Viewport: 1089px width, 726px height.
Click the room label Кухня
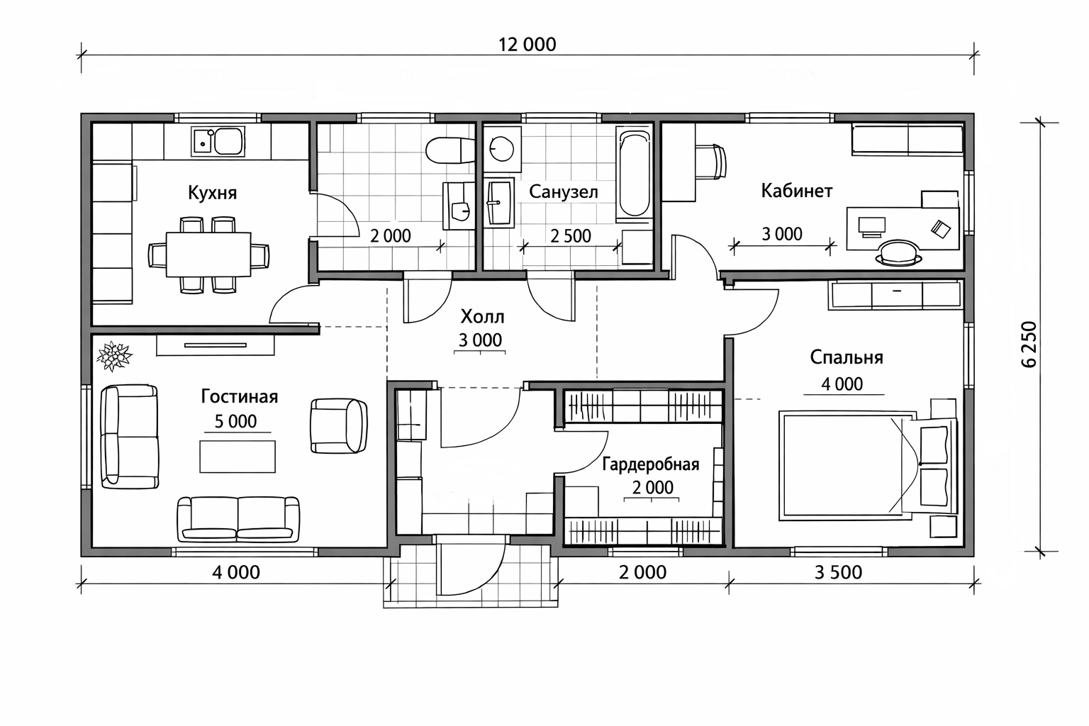click(x=213, y=193)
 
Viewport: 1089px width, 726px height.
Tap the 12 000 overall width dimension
click(x=527, y=45)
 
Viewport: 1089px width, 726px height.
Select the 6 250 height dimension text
click(x=1029, y=345)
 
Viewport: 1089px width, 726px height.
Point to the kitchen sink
click(x=218, y=142)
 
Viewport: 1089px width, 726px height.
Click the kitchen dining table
click(x=208, y=255)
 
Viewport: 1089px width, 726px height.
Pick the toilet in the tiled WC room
click(x=449, y=150)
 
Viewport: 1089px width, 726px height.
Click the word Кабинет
click(x=797, y=191)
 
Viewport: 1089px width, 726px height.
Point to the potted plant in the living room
click(x=113, y=356)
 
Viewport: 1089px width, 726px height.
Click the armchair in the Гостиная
click(x=339, y=426)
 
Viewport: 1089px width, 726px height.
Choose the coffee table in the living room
click(x=238, y=457)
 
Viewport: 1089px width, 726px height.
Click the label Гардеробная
click(x=650, y=464)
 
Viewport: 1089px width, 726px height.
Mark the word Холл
click(x=482, y=317)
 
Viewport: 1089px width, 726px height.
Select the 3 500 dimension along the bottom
click(x=838, y=572)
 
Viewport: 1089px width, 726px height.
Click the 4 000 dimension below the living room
click(x=236, y=572)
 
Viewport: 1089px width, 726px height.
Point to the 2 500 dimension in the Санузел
click(x=570, y=236)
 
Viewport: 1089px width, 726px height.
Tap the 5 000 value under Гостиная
click(x=236, y=421)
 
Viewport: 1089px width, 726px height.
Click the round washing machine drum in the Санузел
click(x=501, y=148)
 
